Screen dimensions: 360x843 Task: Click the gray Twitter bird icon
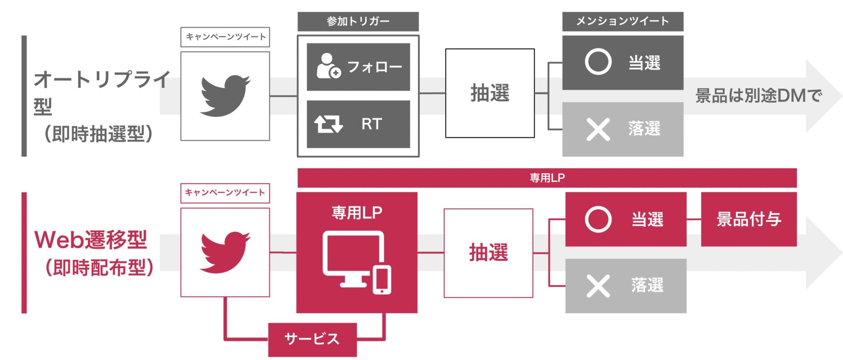tap(225, 96)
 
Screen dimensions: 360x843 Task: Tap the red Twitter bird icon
tap(225, 252)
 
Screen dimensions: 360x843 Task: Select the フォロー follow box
tap(358, 67)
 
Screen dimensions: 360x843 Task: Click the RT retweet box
tap(358, 124)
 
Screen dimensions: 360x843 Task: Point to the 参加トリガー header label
tap(358, 22)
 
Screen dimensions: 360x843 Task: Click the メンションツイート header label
tap(623, 22)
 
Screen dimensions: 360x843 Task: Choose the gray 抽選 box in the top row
tap(490, 93)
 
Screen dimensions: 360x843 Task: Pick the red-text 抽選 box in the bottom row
tap(488, 253)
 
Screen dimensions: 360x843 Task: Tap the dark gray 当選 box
tap(623, 63)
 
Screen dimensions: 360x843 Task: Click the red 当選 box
tap(626, 219)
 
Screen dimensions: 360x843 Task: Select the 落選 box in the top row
tap(623, 129)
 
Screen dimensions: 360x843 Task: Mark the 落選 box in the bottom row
tap(626, 286)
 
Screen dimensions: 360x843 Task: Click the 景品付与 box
tap(749, 219)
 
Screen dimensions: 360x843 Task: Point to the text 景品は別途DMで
tap(758, 96)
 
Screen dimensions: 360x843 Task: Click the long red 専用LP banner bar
tap(547, 178)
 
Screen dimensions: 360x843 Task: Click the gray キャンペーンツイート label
tap(225, 37)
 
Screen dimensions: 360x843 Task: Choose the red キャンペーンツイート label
tap(225, 193)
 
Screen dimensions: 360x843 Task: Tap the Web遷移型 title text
tap(90, 240)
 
